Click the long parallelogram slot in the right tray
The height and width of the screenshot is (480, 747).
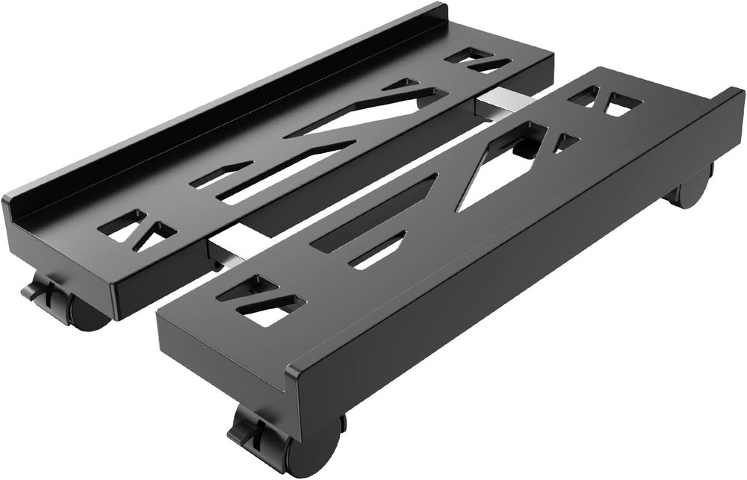(x=373, y=213)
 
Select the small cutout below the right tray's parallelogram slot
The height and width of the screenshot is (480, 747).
(x=377, y=250)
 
